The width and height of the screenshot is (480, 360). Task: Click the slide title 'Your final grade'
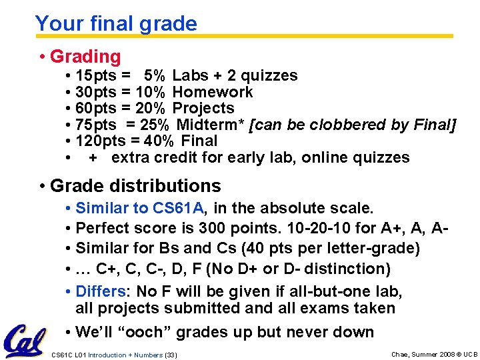tap(116, 24)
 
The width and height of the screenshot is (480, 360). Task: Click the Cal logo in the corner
tap(25, 340)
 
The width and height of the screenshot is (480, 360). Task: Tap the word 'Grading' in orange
tap(85, 57)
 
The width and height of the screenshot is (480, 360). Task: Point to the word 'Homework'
tap(213, 92)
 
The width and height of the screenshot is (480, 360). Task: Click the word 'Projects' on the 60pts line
tap(203, 109)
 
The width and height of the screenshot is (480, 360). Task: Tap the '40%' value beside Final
tap(160, 141)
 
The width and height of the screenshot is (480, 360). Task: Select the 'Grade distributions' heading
tap(135, 185)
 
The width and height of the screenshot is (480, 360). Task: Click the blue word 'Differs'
tap(101, 291)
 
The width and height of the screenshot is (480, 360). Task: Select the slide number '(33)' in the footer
tap(171, 355)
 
